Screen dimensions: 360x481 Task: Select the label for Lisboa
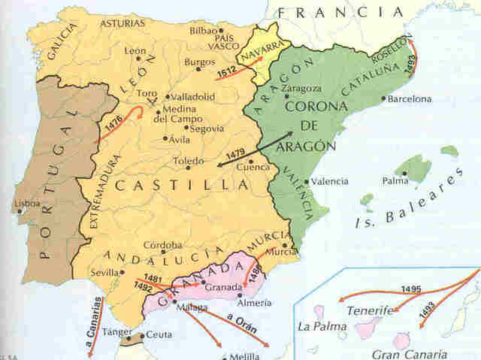pyautogui.click(x=27, y=203)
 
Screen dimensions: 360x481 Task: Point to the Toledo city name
pyautogui.click(x=188, y=161)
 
